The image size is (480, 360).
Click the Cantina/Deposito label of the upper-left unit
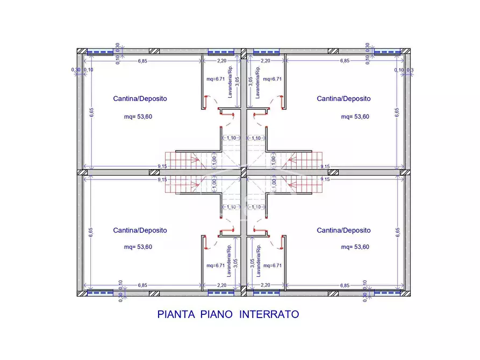140,99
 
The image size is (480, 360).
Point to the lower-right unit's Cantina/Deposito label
343,231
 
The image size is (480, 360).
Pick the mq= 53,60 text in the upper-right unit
355,117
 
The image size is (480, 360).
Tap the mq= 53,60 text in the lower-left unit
138,247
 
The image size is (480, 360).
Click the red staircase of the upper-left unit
183,159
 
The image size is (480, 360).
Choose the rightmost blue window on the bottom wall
386,293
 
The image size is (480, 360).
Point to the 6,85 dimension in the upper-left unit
142,61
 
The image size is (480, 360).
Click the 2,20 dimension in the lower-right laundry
265,285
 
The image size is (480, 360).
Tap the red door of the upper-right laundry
281,102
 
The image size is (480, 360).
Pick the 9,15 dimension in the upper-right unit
325,167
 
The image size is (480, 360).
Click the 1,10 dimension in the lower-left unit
231,207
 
